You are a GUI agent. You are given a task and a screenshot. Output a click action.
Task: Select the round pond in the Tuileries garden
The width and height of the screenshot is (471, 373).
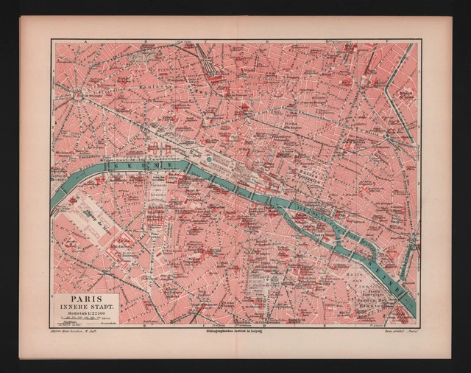click(x=209, y=159)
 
